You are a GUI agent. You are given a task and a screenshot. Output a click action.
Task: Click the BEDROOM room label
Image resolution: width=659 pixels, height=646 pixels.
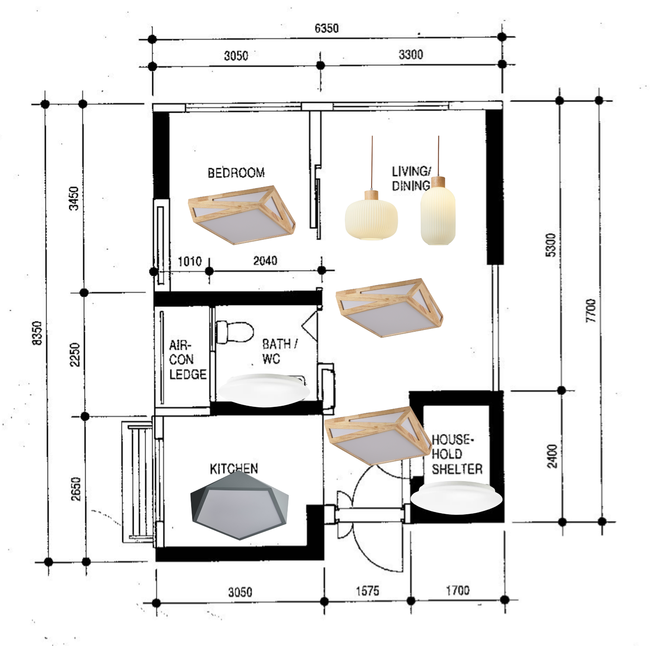(x=236, y=173)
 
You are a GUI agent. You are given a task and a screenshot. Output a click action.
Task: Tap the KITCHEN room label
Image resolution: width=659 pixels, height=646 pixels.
(x=234, y=468)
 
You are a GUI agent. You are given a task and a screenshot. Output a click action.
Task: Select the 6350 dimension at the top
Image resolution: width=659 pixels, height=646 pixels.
(x=326, y=28)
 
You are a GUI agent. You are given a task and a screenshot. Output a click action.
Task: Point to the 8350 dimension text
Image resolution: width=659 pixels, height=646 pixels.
(x=37, y=333)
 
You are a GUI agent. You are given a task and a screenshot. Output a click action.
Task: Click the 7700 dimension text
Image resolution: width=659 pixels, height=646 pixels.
(x=591, y=310)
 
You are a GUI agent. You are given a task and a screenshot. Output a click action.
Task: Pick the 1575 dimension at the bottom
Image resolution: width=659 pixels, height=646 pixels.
(x=367, y=591)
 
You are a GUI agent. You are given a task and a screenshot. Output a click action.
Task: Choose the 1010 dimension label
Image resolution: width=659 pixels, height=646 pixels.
(x=190, y=261)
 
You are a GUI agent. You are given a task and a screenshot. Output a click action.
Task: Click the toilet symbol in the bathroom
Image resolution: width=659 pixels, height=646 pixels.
(x=234, y=332)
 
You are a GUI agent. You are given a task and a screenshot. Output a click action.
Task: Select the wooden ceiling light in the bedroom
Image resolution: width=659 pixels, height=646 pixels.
(x=242, y=215)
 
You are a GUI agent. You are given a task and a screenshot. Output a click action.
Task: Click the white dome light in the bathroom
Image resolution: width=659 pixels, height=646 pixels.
(x=264, y=390)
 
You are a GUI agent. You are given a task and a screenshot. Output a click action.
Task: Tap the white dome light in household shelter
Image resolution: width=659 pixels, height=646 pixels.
(x=456, y=498)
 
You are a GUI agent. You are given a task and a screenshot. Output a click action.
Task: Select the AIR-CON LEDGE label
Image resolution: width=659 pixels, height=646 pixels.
(x=188, y=360)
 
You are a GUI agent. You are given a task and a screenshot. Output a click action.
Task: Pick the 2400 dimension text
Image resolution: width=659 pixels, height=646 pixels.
(x=552, y=456)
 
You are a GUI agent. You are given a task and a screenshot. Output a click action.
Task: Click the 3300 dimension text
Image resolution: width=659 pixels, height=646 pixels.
(x=411, y=55)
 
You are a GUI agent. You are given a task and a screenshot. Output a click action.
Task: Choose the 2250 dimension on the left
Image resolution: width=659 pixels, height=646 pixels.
(x=75, y=354)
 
